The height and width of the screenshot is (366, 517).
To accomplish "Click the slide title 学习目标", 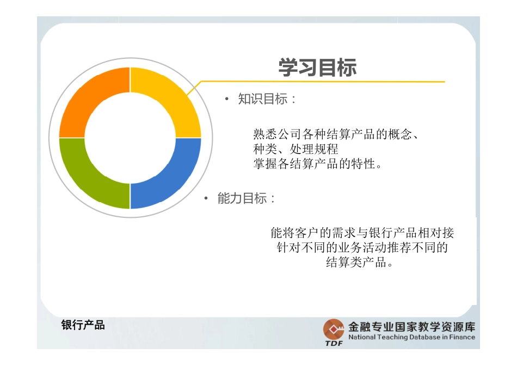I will coord(318,68).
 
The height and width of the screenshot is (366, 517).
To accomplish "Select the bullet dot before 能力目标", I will coord(206,199).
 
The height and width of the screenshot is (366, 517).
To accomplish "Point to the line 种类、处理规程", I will coord(296,149).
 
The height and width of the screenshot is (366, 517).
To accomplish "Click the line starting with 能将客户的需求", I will coord(362,233).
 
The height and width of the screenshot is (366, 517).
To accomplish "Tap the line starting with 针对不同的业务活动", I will coord(362,248).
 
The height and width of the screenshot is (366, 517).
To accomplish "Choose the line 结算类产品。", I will coord(359,263).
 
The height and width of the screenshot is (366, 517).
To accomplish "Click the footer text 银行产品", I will coord(83,326).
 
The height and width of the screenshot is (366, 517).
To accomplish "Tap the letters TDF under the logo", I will coord(334,344).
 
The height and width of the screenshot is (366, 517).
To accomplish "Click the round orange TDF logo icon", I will coord(334,329).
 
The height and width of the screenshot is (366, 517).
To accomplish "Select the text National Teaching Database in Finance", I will coord(411,337).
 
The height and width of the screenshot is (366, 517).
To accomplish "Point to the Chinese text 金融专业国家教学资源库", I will coord(411,327).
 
